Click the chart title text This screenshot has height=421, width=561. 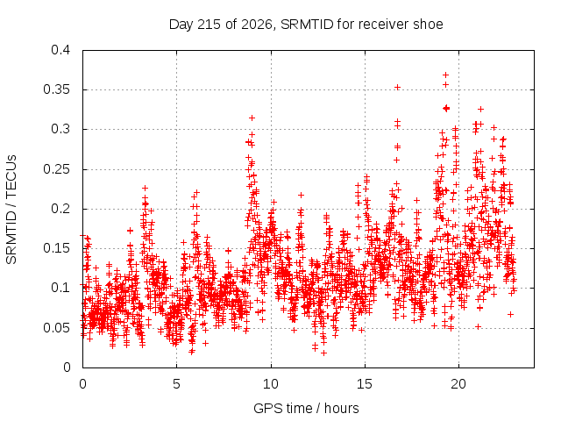click(x=306, y=25)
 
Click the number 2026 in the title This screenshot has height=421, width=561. click(x=256, y=25)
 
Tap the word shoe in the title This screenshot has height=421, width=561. click(x=428, y=25)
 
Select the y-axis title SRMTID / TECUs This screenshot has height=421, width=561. click(x=11, y=210)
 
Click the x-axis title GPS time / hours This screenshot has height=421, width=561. click(x=306, y=408)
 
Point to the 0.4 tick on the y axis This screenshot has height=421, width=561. click(x=60, y=50)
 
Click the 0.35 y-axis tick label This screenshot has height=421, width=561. click(x=56, y=89)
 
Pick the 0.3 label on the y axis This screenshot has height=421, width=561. click(x=60, y=129)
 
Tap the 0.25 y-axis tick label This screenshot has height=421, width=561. click(x=56, y=169)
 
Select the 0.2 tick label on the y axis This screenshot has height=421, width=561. click(x=60, y=209)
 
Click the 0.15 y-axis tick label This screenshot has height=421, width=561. click(x=56, y=248)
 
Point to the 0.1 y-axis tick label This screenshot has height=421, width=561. click(x=60, y=288)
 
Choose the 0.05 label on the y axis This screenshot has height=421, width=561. click(x=56, y=327)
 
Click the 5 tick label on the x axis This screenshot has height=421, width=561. click(x=176, y=384)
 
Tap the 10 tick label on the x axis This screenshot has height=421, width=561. click(x=271, y=384)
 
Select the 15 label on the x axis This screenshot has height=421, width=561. click(x=365, y=384)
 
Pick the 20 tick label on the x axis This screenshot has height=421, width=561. click(x=458, y=384)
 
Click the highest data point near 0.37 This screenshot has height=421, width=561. click(x=446, y=75)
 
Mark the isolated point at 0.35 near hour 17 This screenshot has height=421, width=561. click(x=397, y=88)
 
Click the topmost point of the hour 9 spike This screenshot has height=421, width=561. click(x=252, y=118)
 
